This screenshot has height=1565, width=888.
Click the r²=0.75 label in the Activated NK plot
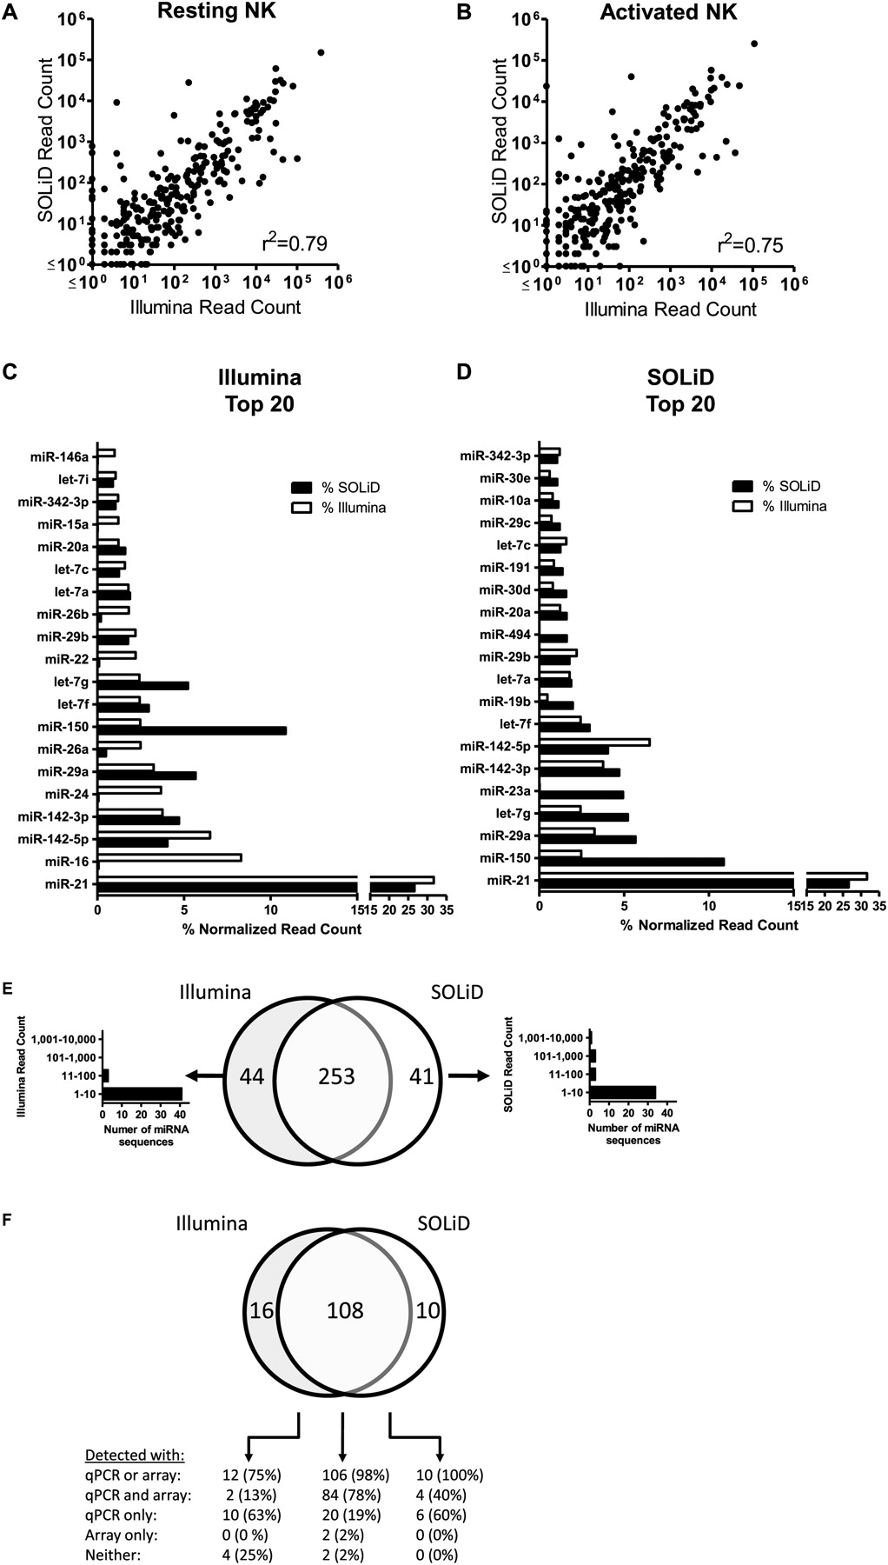click(749, 245)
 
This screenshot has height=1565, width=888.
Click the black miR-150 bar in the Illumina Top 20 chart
click(192, 730)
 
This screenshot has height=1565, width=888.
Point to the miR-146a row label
click(63, 456)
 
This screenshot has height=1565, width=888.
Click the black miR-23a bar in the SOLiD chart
click(581, 795)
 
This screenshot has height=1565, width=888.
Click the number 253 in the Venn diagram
click(336, 1076)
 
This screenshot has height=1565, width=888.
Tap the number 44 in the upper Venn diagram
click(251, 1076)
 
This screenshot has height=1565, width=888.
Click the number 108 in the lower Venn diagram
click(345, 1309)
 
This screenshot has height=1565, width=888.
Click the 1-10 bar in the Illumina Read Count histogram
click(142, 1093)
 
